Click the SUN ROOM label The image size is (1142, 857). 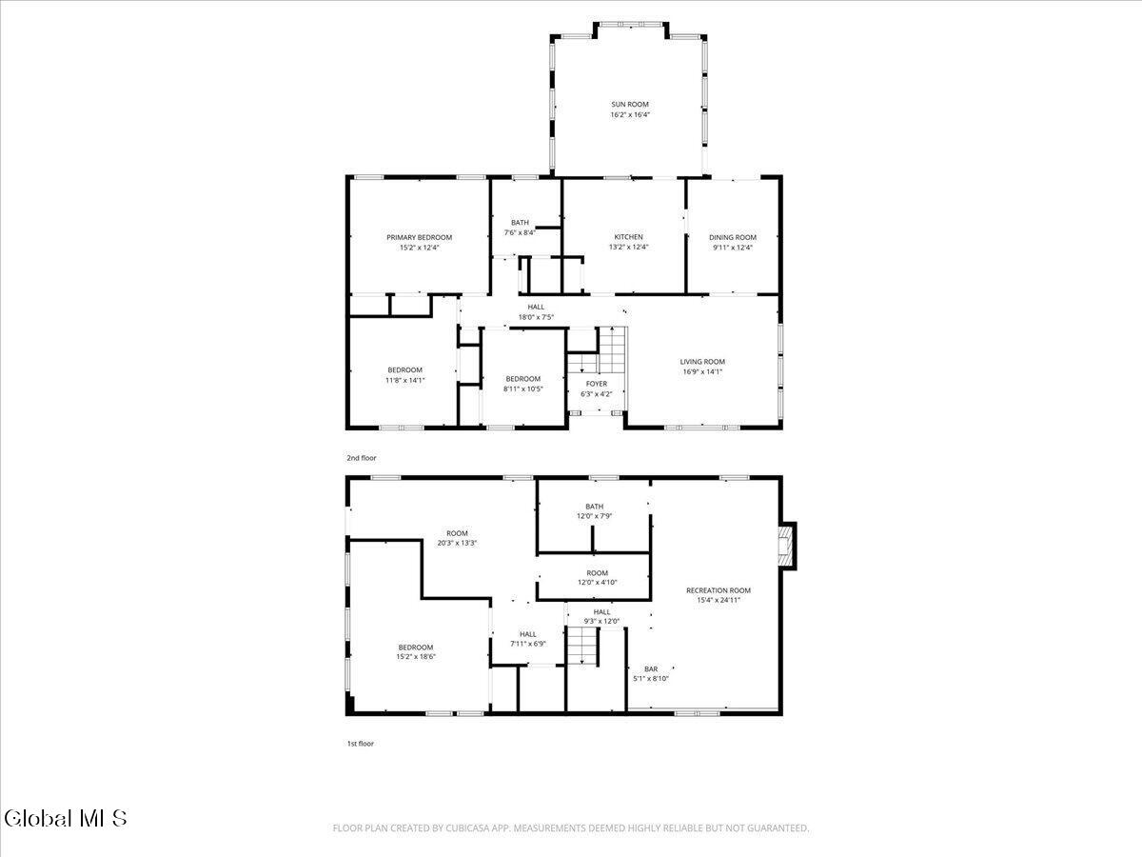tap(630, 104)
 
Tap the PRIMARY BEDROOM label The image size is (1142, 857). tap(419, 237)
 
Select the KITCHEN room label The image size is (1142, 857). tap(628, 237)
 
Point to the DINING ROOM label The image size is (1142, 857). tap(733, 237)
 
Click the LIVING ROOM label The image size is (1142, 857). tap(702, 361)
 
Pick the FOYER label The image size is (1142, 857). tap(597, 384)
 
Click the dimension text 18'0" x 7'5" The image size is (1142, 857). tap(536, 317)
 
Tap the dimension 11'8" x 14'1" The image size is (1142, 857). tap(404, 380)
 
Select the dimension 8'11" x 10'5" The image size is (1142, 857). tap(522, 389)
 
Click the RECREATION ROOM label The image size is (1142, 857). tap(719, 590)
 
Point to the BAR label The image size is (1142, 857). tap(651, 668)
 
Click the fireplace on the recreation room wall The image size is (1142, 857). tap(785, 547)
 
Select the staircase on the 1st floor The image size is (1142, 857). tap(581, 648)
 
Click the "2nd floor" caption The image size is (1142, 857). tap(361, 458)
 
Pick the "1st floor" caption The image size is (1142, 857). tap(360, 744)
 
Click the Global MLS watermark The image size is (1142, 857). tap(65, 818)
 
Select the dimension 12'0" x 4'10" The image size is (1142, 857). tap(597, 583)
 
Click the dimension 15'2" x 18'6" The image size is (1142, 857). tap(416, 656)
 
